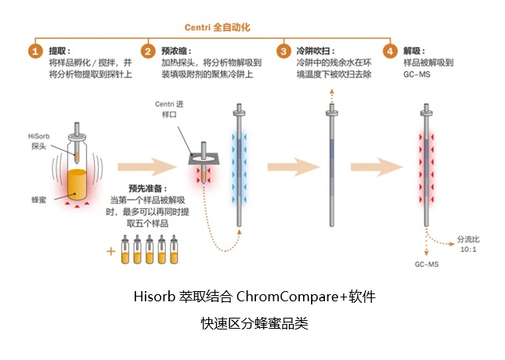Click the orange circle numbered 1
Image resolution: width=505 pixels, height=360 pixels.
tap(34, 52)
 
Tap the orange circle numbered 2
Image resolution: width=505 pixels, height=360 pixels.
tap(147, 52)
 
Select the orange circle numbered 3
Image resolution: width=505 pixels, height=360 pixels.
tap(283, 52)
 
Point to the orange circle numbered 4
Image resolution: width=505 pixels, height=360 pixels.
tap(390, 52)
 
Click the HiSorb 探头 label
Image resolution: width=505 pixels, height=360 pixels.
tap(40, 141)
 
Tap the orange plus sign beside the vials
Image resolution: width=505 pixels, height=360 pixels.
tap(110, 250)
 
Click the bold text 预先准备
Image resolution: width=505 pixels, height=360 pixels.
tap(146, 188)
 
